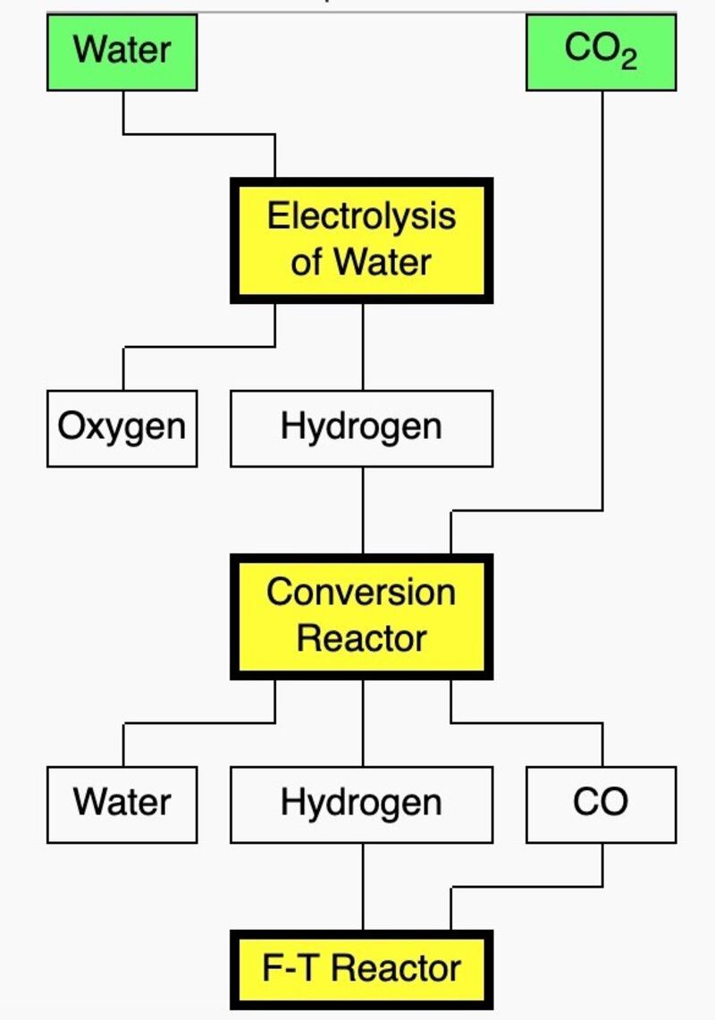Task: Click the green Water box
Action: pyautogui.click(x=122, y=50)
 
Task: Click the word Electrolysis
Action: pyautogui.click(x=361, y=216)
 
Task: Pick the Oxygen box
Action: pyautogui.click(x=122, y=427)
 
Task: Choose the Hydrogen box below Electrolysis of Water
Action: pyautogui.click(x=361, y=427)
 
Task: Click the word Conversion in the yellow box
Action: pyautogui.click(x=361, y=592)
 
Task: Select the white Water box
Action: pyautogui.click(x=122, y=803)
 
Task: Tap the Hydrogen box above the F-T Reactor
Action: pyautogui.click(x=361, y=803)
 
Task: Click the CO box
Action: pyautogui.click(x=601, y=803)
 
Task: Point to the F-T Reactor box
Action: pyautogui.click(x=361, y=969)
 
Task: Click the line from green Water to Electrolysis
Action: pyautogui.click(x=197, y=134)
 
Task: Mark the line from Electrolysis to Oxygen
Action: pyautogui.click(x=197, y=347)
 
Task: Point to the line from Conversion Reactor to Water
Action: pyautogui.click(x=197, y=722)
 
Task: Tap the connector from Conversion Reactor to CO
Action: pyautogui.click(x=527, y=722)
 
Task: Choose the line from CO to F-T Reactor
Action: pyautogui.click(x=527, y=887)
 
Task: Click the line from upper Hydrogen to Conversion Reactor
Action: pyautogui.click(x=362, y=510)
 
